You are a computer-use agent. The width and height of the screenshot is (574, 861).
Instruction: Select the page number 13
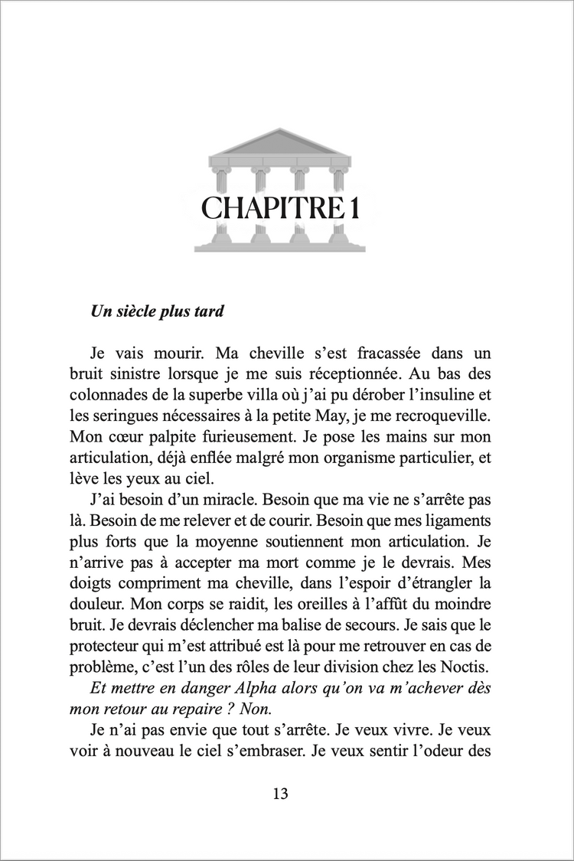tap(280, 794)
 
